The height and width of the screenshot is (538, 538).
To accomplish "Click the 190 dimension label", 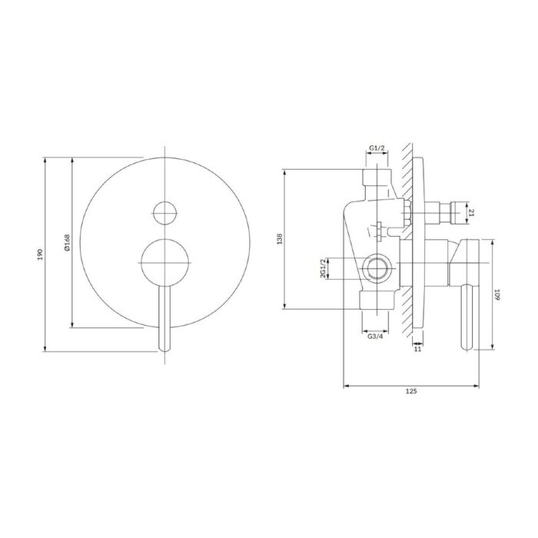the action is point(40,254).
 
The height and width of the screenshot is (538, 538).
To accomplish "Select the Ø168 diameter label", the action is point(67,242).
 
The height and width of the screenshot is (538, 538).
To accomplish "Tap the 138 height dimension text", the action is point(280,239).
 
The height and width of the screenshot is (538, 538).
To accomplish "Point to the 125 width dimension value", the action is point(411,391).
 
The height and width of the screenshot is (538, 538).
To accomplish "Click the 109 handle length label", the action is point(497,294).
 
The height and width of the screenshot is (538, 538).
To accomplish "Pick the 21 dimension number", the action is point(471,213).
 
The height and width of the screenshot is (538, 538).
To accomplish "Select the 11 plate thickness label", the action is point(417,349).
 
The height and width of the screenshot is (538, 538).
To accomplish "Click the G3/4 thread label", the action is point(375,337).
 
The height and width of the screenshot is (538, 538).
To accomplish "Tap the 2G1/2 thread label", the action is point(323,268).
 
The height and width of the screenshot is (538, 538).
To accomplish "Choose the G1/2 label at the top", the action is point(377,148).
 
